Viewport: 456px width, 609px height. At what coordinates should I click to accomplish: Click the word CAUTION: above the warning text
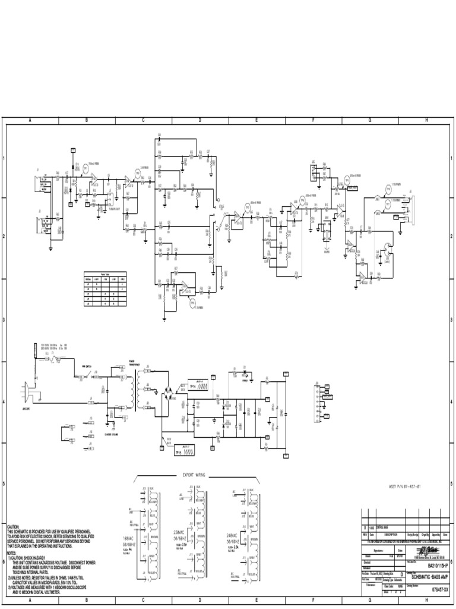point(14,527)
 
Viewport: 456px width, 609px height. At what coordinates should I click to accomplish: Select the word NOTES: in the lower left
point(12,553)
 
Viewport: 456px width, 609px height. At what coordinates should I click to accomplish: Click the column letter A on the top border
point(29,120)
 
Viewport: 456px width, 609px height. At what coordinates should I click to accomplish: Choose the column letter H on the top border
point(426,120)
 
